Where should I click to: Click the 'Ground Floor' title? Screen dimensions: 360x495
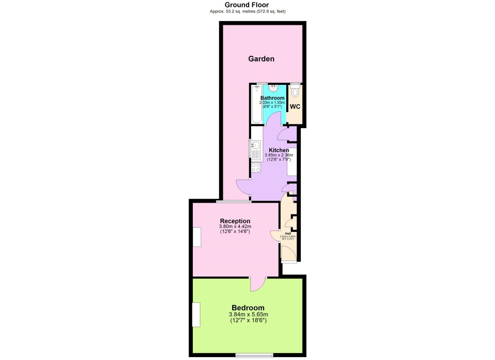247,5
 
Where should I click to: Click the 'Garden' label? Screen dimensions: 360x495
261,59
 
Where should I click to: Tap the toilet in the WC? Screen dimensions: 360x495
295,92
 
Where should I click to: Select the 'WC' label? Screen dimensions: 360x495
295,107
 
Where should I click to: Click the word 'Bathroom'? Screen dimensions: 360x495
272,98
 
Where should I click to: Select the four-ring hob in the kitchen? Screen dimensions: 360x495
256,168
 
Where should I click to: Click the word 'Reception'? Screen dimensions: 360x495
235,221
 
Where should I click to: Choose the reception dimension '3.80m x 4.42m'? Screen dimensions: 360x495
235,227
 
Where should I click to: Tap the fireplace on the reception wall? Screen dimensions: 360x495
197,237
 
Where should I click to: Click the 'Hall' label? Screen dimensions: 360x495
287,233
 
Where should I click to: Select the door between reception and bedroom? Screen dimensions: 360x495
258,283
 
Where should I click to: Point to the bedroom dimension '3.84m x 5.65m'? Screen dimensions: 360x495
248,314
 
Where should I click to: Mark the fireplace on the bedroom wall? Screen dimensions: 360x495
196,314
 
